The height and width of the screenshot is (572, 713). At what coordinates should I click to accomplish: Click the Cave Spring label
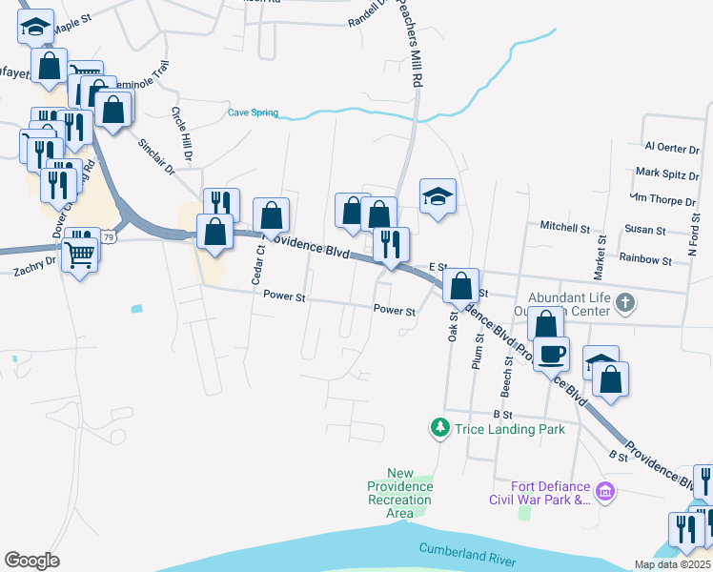pos(253,112)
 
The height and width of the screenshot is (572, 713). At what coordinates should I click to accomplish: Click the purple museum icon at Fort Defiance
pos(604,492)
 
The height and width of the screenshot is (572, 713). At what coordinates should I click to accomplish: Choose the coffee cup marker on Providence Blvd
pos(552,355)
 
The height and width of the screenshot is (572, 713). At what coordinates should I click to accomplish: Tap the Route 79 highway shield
pos(109,237)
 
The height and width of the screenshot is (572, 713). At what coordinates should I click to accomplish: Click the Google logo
pos(31,561)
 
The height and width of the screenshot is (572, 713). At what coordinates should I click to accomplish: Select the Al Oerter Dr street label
pos(672,146)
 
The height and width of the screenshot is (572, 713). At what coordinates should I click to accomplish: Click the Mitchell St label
pos(565,228)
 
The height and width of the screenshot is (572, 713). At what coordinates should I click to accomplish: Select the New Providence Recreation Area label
pos(400,493)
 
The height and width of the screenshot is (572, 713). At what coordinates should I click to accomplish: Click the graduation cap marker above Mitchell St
pos(438,197)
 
